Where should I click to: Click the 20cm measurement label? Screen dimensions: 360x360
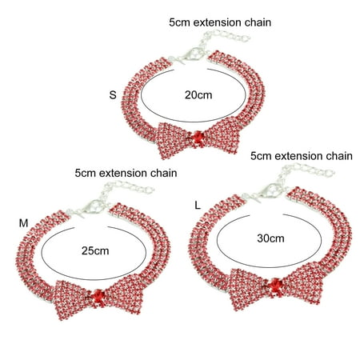coord(198,95)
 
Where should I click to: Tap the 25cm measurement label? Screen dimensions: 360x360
coord(95,251)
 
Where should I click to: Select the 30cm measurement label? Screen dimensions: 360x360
coord(270,238)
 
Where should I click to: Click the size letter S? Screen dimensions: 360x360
coord(113,95)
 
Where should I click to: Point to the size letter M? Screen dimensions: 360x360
coord(23,223)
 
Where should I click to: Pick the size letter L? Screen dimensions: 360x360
coord(198,206)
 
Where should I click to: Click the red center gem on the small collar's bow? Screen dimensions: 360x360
coord(198,138)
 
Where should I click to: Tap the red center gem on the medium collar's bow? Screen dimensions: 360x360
coord(99,295)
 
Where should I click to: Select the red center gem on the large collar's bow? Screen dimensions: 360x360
coord(276,286)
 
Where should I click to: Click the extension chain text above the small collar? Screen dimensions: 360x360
coord(220,22)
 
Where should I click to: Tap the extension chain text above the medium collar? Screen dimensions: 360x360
coord(126,174)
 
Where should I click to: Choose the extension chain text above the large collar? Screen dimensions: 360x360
coord(302,156)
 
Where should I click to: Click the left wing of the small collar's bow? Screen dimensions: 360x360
coord(174,140)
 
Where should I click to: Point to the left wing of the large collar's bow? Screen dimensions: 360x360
coord(247,289)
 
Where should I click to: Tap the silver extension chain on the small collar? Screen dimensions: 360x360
coord(223,38)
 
